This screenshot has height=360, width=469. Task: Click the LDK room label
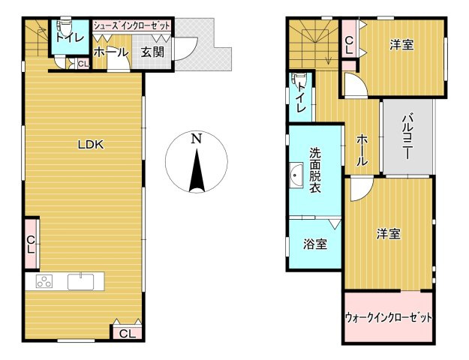click(x=91, y=145)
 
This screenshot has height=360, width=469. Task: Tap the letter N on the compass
click(x=196, y=139)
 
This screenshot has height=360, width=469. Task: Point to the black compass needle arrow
click(x=197, y=171)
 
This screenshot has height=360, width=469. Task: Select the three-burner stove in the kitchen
click(x=44, y=281)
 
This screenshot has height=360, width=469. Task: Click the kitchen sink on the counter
click(x=80, y=282)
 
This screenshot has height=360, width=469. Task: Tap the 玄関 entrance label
click(x=152, y=52)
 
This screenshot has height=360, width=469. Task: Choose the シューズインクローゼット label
click(x=132, y=25)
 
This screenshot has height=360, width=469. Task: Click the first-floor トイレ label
click(x=70, y=38)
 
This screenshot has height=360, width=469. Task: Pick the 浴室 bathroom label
click(x=315, y=244)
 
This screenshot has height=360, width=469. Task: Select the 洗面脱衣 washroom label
click(x=315, y=169)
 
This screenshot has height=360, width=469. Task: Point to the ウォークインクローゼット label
click(x=389, y=317)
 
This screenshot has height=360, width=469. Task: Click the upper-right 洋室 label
click(x=401, y=44)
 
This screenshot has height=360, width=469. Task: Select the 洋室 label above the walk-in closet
click(x=388, y=234)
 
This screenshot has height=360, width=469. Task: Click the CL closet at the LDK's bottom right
click(x=128, y=333)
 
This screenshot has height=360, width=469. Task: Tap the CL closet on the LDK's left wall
click(x=31, y=244)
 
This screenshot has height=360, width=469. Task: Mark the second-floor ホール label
click(x=362, y=150)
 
